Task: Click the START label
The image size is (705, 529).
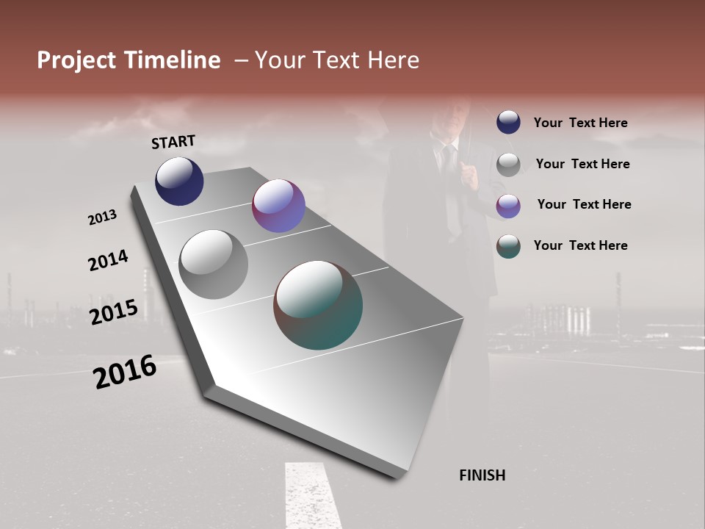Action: coord(173,141)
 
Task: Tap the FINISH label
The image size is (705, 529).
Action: coord(482,475)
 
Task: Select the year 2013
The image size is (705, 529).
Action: coord(102,217)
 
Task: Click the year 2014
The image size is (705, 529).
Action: coord(108,260)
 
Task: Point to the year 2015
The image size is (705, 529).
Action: coord(113,312)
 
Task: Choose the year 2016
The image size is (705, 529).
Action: coord(125,371)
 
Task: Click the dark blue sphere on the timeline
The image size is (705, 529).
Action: coord(179,181)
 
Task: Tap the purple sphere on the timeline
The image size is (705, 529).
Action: coord(278,206)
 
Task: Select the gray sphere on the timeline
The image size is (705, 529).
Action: coord(214,264)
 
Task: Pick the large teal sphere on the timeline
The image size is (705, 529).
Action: coord(318,305)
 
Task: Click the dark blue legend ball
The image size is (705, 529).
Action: coord(508,122)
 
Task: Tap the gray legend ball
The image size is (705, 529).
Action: coord(508,165)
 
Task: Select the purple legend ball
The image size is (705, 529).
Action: coord(508,206)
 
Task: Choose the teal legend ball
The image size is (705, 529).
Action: coord(508,246)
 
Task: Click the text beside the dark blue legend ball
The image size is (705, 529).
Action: coord(580,123)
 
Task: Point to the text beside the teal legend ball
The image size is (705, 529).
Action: coord(580,245)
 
